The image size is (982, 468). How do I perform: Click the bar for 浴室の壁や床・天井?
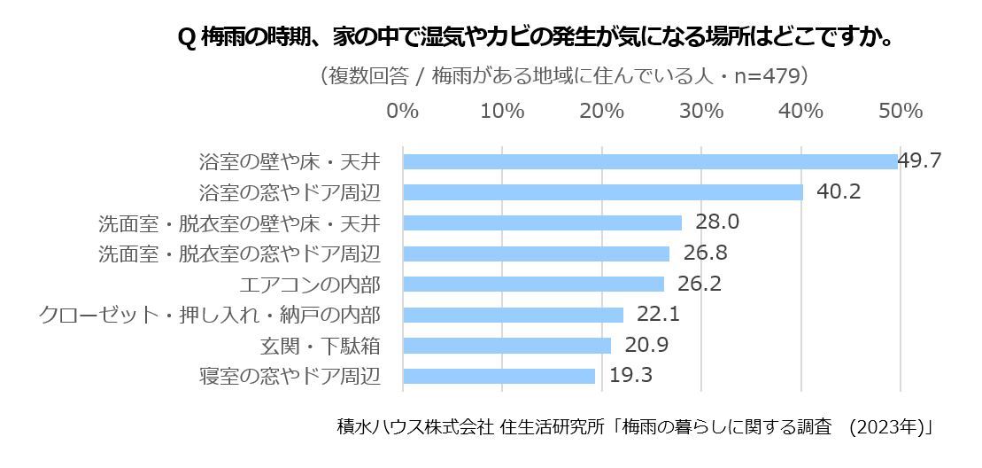tap(650, 161)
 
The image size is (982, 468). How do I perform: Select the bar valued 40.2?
tap(603, 192)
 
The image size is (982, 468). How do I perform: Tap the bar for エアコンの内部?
tap(533, 284)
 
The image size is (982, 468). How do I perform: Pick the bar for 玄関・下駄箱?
tap(506, 345)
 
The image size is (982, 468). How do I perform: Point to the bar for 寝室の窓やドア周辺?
tap(499, 376)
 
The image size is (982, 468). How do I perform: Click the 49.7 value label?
tap(918, 160)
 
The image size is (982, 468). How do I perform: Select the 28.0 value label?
tap(717, 222)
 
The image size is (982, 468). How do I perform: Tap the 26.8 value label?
tap(705, 253)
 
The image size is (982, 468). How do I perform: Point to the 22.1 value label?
tap(658, 314)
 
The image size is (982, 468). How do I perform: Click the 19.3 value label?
tap(630, 375)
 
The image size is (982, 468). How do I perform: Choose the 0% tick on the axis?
tap(403, 112)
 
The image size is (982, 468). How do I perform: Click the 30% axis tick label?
tap(702, 112)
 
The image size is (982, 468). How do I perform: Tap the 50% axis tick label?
tap(901, 112)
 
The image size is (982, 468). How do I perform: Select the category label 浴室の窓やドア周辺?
tap(290, 192)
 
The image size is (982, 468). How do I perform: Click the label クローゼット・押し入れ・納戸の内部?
tap(210, 315)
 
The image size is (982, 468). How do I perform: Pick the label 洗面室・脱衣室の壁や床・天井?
tap(239, 222)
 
